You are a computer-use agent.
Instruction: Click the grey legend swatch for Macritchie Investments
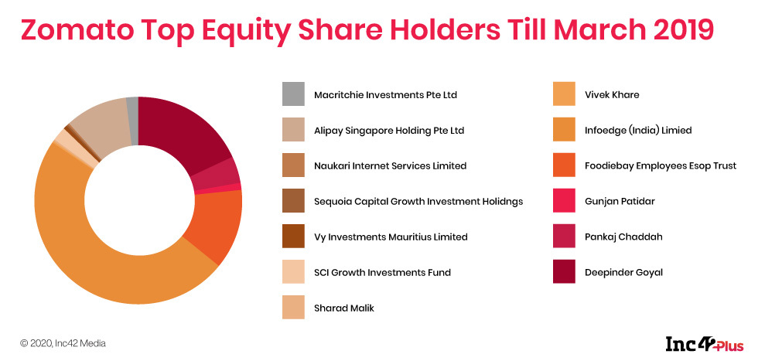pos(293,94)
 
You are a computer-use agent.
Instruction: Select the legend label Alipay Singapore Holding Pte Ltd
pos(389,131)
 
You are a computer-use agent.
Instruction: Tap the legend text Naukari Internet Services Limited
pos(391,166)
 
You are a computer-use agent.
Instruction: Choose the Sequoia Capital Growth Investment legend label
pos(418,202)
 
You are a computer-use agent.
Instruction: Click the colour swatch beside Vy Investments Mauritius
pos(293,237)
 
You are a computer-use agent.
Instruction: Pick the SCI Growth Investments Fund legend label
pos(382,272)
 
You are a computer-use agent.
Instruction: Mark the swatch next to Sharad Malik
pos(293,308)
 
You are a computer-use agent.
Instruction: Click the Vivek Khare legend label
pos(612,95)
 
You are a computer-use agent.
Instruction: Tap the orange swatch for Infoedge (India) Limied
pos(565,130)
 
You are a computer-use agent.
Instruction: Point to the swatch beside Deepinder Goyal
pos(565,272)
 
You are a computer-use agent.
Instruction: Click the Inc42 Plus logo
pos(705,343)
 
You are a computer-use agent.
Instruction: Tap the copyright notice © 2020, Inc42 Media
pos(63,343)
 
